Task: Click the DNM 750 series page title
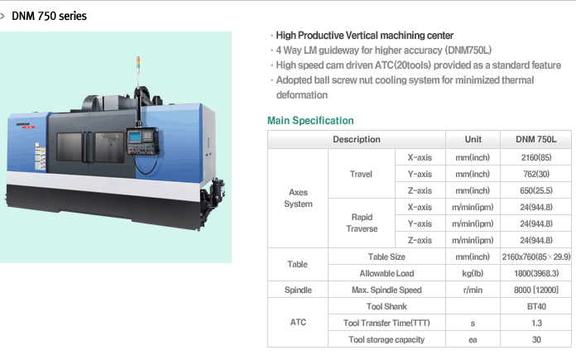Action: [49, 17]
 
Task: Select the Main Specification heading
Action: [310, 121]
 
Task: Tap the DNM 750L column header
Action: [536, 139]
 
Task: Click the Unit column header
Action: [473, 139]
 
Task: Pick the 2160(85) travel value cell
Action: [536, 157]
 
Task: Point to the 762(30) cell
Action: [536, 174]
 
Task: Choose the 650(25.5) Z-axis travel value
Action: [536, 190]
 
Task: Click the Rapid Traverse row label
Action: [362, 223]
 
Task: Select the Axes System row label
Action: [298, 198]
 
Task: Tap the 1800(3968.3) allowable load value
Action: [536, 273]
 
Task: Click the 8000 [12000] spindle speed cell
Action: [536, 290]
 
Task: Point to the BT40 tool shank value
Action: [536, 306]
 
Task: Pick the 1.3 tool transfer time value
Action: [536, 323]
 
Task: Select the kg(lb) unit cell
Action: [473, 273]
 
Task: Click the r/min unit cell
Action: [473, 290]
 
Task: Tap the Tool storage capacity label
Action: [386, 339]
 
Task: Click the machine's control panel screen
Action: [135, 137]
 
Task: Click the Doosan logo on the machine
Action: [24, 125]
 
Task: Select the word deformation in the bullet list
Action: [301, 95]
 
